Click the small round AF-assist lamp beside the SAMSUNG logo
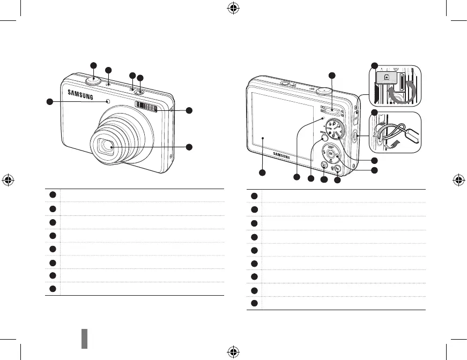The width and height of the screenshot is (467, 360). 108,101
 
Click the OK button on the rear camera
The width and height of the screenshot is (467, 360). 331,154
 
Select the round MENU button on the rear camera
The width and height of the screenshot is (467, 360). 324,138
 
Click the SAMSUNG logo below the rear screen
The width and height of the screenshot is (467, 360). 285,155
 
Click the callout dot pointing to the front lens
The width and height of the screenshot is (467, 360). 189,147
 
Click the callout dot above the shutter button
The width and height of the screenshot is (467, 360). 93,65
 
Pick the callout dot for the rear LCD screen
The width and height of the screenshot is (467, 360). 262,172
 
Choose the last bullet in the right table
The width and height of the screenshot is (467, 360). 254,303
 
